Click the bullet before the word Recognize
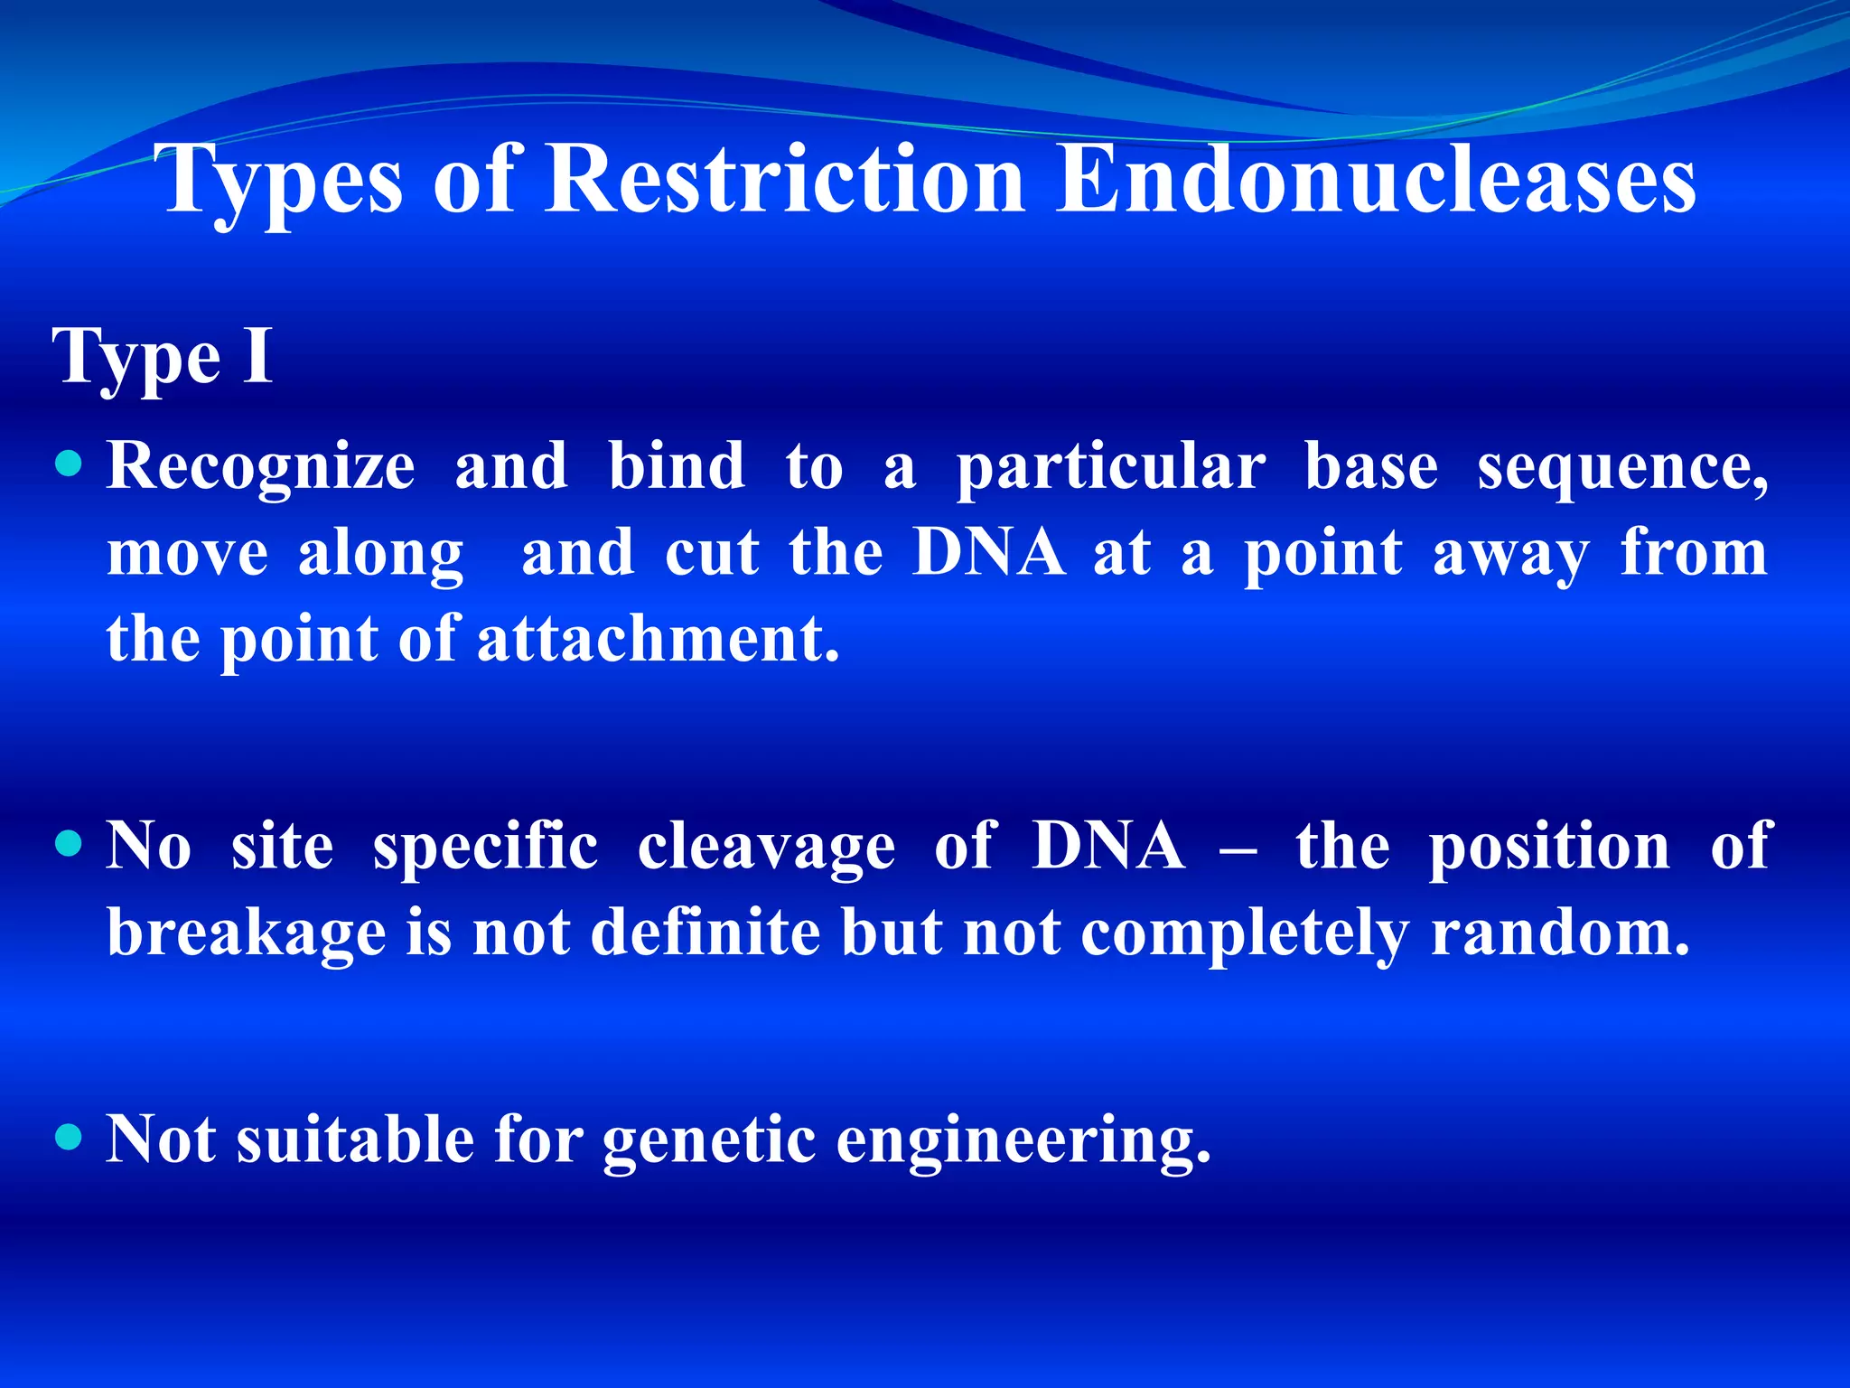pos(69,465)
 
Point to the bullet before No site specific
pos(69,845)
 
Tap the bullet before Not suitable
pos(69,1136)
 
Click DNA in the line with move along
pos(988,552)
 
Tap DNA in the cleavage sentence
pos(1108,846)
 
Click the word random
pos(1560,933)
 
